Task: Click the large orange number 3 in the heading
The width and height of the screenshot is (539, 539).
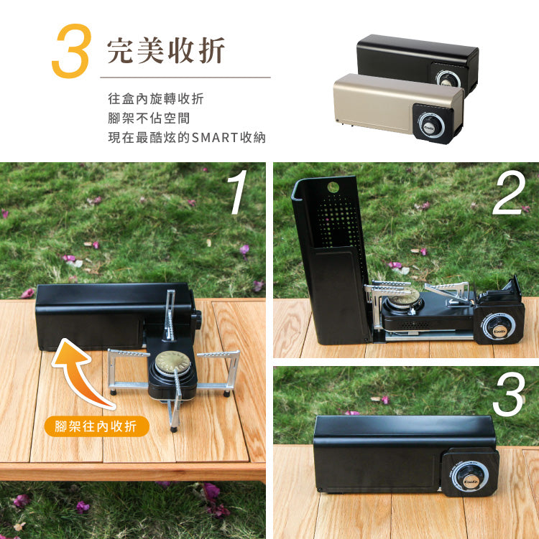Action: (x=70, y=52)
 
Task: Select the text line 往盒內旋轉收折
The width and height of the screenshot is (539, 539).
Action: (x=150, y=99)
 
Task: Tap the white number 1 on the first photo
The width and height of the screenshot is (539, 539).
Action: (x=238, y=192)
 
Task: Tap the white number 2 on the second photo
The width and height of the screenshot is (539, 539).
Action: (x=509, y=192)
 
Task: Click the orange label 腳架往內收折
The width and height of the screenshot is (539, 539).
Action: (x=96, y=426)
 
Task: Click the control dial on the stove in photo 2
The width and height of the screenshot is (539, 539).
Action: (x=497, y=328)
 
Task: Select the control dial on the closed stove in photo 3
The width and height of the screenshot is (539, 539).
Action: (x=471, y=474)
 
